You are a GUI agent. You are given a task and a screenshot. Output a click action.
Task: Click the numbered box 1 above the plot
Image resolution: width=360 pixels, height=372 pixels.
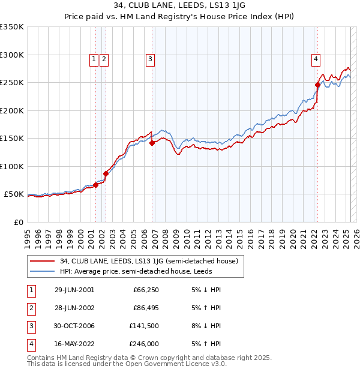[x=94, y=59]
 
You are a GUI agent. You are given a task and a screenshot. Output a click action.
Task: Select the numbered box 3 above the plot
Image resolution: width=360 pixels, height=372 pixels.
[x=149, y=59]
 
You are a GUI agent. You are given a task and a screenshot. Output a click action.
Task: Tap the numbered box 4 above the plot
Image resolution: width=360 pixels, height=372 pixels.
[x=315, y=59]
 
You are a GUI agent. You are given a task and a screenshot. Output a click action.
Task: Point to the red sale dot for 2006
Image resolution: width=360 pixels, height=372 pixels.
[x=152, y=143]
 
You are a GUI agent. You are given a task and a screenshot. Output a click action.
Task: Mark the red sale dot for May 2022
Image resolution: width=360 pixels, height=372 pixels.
[x=317, y=85]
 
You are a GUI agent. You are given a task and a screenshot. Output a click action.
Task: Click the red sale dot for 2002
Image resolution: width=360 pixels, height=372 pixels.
[x=106, y=173]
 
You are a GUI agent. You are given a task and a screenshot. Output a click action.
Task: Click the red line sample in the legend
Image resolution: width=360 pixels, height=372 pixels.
[x=43, y=261]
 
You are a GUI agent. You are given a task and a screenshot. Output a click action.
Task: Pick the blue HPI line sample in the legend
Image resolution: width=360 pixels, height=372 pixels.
[x=43, y=271]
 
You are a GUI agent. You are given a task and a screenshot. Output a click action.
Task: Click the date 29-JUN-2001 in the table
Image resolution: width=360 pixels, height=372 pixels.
[x=74, y=290]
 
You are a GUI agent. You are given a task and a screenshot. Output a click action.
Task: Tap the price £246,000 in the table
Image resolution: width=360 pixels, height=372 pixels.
[x=145, y=344]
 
